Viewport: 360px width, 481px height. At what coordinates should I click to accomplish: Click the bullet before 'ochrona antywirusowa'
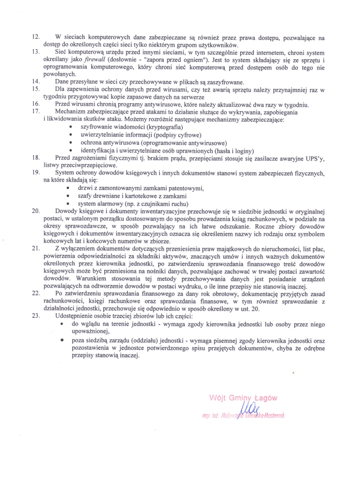point(70,143)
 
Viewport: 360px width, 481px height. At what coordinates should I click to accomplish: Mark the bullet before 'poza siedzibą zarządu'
point(63,339)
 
